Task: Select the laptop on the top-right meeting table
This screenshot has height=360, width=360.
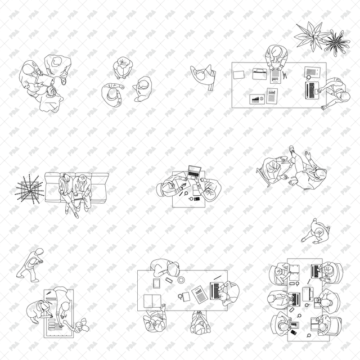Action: pos(312,90)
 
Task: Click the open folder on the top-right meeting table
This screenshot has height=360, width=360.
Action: pos(260,74)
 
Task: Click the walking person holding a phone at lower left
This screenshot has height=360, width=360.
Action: pos(30,264)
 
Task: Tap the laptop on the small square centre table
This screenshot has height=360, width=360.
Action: pos(195,171)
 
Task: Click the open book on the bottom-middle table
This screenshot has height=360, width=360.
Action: pos(152,301)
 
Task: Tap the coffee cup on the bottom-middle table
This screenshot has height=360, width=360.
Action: pos(181,279)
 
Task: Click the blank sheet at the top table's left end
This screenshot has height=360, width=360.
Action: pos(238,74)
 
